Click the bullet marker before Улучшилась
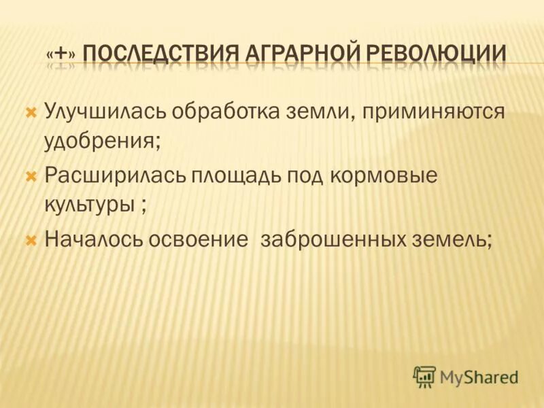[30, 111]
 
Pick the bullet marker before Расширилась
[30, 175]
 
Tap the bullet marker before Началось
[30, 239]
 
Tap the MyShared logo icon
[425, 376]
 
